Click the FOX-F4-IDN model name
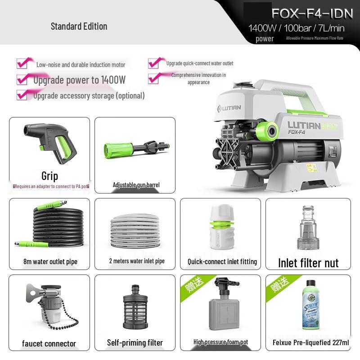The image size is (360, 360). [312, 13]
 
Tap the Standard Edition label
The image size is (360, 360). [79, 26]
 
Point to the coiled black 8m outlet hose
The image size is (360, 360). [49, 227]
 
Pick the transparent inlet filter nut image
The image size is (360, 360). [308, 228]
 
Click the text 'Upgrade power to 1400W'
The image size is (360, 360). [79, 80]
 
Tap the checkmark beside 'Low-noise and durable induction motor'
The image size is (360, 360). [23, 63]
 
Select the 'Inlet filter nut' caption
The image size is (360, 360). [308, 263]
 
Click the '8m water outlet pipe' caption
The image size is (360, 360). [50, 262]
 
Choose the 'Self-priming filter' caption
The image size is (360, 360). [135, 343]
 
